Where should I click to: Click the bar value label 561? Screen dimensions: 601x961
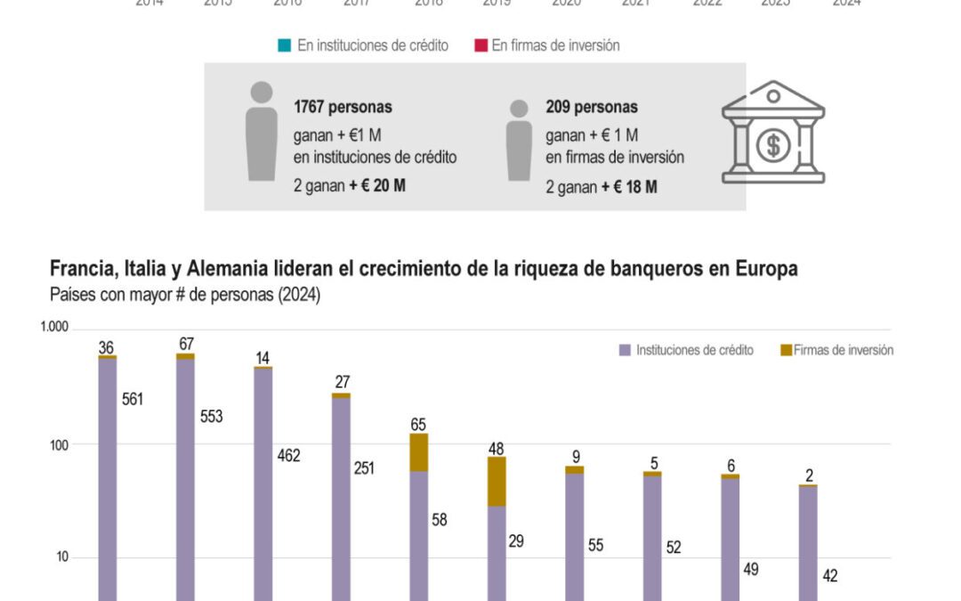133,399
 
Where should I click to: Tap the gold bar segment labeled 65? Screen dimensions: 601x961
419,452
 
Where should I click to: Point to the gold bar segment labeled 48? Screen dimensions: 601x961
497,481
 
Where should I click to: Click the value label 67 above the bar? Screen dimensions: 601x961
186,344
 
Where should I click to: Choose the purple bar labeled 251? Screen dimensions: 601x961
341,499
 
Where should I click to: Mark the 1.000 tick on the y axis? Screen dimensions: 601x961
54,328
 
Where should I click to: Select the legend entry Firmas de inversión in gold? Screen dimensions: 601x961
836,350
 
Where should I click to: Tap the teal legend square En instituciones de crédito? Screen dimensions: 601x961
285,45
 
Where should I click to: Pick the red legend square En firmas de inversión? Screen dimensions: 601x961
481,45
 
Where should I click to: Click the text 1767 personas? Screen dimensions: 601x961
343,107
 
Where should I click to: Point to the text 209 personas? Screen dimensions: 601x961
591,107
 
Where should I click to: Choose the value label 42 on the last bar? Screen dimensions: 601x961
829,576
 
